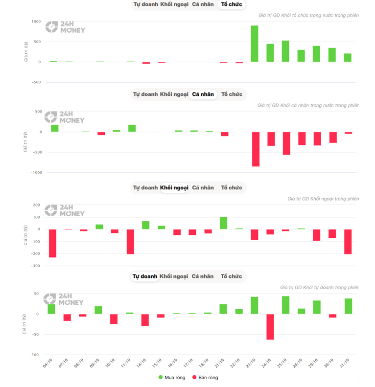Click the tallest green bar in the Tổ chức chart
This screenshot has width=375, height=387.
click(x=255, y=44)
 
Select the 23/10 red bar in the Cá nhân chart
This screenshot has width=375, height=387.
click(x=256, y=149)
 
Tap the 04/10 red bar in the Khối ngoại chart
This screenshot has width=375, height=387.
click(x=52, y=243)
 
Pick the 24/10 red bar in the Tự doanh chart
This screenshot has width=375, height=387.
click(x=270, y=327)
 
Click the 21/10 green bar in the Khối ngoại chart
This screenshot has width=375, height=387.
click(x=223, y=223)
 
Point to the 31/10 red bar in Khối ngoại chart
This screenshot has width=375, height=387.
click(x=348, y=242)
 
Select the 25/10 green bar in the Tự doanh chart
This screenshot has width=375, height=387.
click(x=286, y=305)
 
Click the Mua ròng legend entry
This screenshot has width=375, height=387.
click(x=172, y=377)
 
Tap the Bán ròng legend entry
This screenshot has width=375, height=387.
click(x=205, y=377)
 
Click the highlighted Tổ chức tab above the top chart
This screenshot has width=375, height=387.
click(x=232, y=4)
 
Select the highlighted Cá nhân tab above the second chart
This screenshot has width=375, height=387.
click(x=203, y=94)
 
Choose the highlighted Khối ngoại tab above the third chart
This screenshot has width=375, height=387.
click(x=174, y=187)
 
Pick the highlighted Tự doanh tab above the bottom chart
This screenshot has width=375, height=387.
click(x=145, y=276)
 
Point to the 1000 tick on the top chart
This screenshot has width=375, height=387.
click(x=36, y=22)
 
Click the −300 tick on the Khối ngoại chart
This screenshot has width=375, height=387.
click(x=35, y=266)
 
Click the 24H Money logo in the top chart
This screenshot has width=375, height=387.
click(x=65, y=27)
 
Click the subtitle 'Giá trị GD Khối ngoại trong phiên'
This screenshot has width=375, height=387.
click(x=323, y=199)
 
